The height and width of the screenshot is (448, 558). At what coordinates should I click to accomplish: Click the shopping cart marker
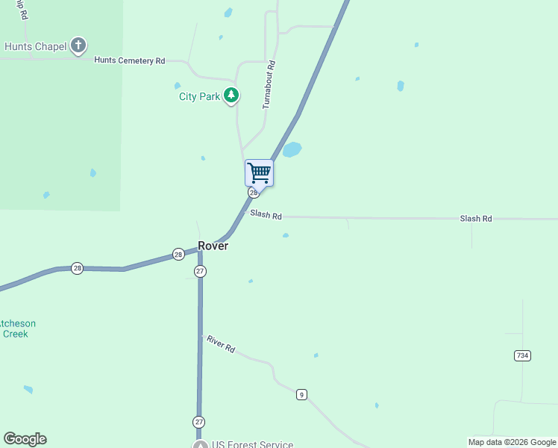259,173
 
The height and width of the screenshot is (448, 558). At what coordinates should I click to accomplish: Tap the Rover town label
213,246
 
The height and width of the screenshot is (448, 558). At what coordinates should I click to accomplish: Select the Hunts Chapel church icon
78,46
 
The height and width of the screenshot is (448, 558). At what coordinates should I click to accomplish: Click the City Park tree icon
232,96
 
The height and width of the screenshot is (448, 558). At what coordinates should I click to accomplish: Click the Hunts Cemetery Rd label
129,60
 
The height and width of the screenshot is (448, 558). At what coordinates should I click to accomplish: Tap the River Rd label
221,344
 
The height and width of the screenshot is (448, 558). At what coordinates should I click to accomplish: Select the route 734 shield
522,355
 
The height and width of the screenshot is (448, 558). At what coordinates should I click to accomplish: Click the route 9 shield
301,394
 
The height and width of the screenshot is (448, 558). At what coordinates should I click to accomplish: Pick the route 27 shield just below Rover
200,271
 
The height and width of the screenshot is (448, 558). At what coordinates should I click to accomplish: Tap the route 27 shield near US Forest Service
199,422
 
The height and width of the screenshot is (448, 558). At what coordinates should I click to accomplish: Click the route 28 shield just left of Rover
178,254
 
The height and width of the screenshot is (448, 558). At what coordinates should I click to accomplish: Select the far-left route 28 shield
77,268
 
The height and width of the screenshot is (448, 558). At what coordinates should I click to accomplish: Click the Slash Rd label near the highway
266,216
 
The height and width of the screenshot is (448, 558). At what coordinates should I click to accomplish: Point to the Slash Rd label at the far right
476,219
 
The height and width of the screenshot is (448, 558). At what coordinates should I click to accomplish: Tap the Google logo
25,439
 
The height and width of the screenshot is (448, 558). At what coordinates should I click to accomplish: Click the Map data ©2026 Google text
512,442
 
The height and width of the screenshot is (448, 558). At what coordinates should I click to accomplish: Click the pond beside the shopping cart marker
292,150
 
